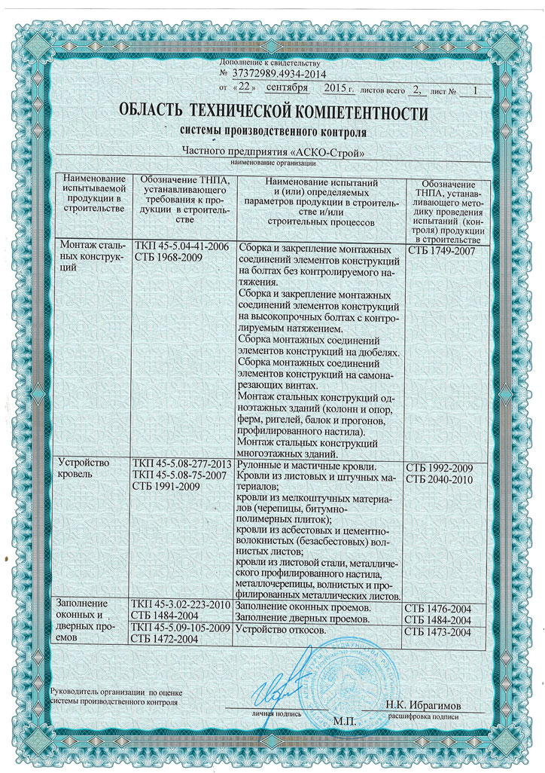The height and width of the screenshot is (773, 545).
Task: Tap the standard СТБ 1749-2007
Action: [x=443, y=249]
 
